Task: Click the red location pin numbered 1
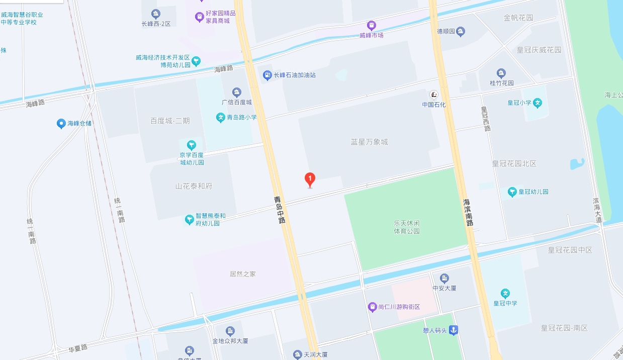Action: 310,179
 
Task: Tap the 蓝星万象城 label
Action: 369,142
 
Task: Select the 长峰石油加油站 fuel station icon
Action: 268,75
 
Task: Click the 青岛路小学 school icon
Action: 220,118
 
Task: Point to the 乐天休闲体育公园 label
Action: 407,227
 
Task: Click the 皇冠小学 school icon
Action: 538,103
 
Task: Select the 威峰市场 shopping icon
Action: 371,25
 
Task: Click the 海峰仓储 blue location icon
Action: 61,123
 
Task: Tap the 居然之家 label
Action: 243,274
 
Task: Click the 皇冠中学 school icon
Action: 505,293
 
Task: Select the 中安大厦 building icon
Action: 444,279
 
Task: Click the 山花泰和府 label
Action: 194,186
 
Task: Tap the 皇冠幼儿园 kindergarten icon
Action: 512,192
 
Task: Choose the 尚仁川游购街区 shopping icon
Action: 372,307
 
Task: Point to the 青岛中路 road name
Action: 280,210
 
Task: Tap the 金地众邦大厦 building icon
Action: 230,331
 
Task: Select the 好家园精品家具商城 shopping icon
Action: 200,17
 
